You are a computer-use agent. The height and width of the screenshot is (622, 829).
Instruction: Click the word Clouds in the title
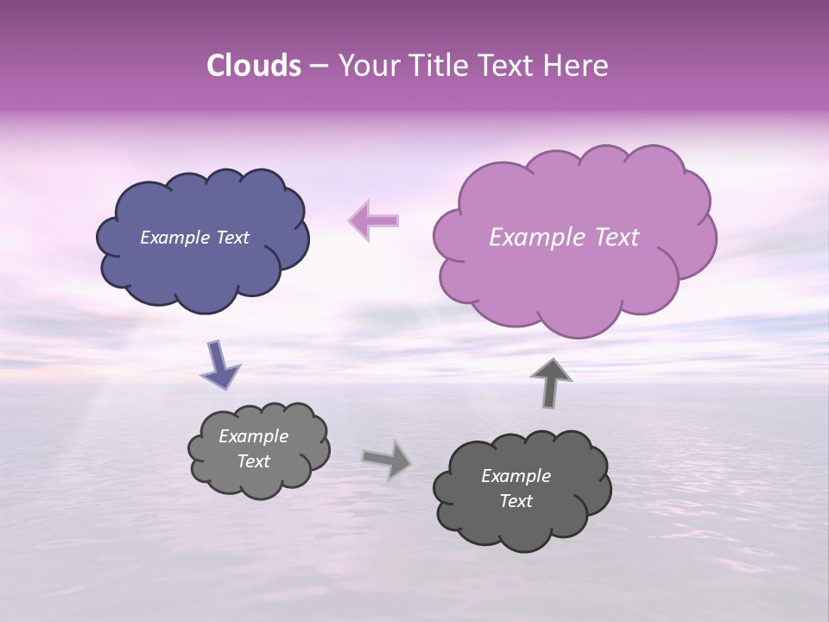(254, 66)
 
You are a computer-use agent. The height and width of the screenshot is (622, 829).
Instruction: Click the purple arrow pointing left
(374, 220)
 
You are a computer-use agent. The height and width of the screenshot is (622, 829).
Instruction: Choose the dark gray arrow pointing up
(551, 383)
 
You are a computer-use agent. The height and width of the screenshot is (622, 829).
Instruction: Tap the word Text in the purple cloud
(611, 238)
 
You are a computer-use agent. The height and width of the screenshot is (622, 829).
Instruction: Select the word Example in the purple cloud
(531, 238)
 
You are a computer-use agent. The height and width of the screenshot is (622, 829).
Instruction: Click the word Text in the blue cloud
(233, 238)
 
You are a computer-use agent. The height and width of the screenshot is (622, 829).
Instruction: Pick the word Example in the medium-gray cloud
(253, 436)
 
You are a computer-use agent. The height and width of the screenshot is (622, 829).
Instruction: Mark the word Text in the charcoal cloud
(516, 501)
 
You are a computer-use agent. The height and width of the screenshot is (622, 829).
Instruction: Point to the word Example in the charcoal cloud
(516, 476)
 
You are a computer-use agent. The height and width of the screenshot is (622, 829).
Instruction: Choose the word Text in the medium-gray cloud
(253, 461)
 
